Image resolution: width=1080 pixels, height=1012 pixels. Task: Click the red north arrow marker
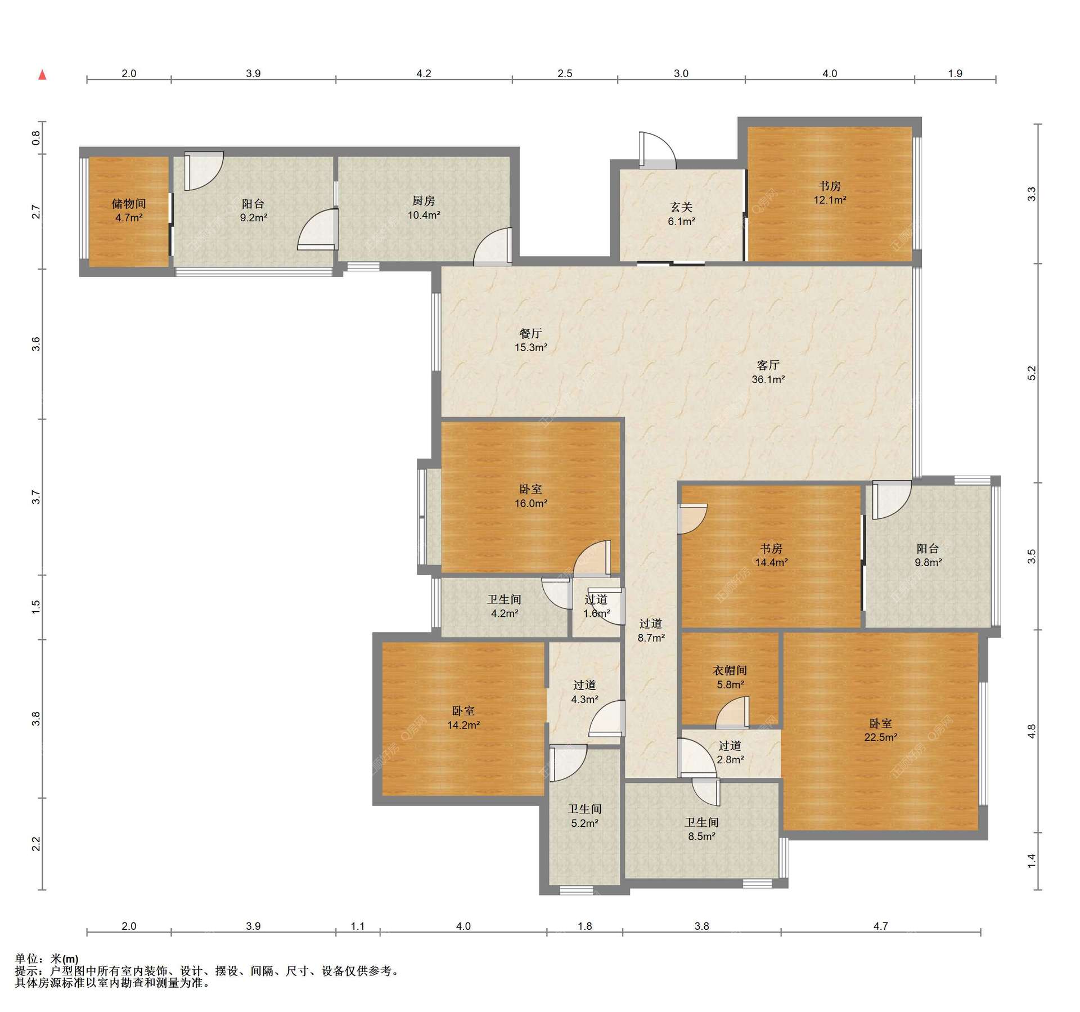click(42, 75)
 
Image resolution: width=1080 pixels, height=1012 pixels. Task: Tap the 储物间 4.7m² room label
click(129, 211)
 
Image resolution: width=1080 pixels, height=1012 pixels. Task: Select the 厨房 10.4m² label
click(424, 208)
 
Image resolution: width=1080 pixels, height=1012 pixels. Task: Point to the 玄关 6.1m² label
click(681, 214)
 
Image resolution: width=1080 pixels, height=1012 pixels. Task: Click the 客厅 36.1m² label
click(768, 372)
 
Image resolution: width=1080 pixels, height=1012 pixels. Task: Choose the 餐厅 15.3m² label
click(530, 340)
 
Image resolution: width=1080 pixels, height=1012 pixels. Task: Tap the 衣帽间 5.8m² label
click(730, 678)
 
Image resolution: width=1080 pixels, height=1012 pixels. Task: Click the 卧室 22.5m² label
click(880, 731)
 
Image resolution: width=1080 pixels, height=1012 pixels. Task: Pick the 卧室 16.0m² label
click(531, 496)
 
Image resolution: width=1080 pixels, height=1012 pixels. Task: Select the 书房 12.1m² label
click(830, 192)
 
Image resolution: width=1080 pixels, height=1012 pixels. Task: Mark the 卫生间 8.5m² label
click(702, 830)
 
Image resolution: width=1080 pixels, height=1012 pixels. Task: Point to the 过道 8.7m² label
click(651, 630)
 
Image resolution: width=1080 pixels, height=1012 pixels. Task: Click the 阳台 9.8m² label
click(928, 555)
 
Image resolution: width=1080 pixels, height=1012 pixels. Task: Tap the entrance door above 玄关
click(658, 150)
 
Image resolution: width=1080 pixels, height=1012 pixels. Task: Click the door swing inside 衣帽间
click(732, 712)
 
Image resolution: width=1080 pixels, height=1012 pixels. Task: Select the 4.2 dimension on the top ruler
click(424, 73)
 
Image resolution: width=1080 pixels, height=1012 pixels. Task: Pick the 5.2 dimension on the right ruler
click(1031, 373)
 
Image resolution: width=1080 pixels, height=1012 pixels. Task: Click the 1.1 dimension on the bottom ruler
click(358, 926)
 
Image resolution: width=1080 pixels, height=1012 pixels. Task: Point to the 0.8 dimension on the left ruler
click(36, 138)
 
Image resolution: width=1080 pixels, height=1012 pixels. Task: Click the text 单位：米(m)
click(47, 959)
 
